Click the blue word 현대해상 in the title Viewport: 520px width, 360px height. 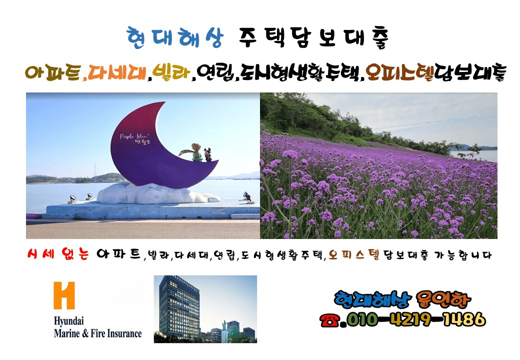click(x=173, y=38)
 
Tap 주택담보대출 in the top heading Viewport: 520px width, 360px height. click(x=313, y=38)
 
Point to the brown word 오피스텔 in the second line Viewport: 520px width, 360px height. click(x=400, y=73)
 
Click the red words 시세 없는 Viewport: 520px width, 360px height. click(x=57, y=255)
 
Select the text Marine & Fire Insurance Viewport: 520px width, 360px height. click(x=97, y=333)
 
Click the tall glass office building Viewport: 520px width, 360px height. click(x=179, y=306)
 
